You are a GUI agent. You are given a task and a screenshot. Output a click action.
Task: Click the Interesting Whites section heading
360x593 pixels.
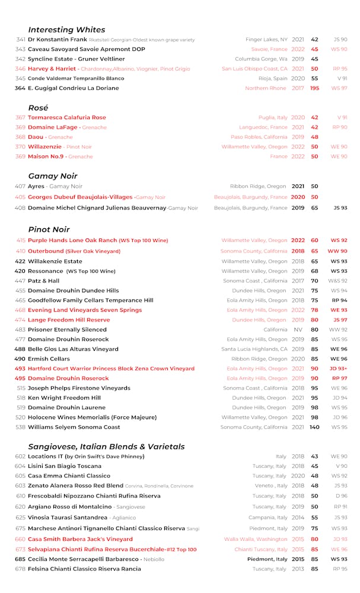pos(66,30)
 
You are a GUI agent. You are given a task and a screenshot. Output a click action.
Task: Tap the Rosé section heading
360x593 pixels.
pos(38,108)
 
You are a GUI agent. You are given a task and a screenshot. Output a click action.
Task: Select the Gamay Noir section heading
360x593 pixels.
pos(53,176)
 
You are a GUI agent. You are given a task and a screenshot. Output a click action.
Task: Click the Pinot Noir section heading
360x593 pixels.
pos(49,229)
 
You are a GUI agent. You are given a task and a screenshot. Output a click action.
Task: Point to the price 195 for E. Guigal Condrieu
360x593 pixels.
pos(314,88)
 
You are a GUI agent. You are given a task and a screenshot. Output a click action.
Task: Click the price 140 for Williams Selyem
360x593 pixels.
pos(314,427)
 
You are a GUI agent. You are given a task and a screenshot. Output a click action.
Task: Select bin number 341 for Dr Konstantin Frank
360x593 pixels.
pos(20,40)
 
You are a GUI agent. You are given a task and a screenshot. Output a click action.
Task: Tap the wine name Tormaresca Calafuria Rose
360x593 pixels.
pos(67,117)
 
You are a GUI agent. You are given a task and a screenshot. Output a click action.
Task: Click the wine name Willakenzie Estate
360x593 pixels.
pos(55,262)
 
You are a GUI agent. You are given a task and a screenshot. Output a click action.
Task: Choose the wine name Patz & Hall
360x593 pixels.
pos(44,281)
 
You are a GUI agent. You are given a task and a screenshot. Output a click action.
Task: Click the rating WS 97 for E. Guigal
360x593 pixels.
pos(339,88)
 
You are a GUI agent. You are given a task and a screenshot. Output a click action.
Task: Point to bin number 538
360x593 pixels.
pos(21,427)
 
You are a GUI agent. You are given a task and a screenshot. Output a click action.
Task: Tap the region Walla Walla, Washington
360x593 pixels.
pos(256,540)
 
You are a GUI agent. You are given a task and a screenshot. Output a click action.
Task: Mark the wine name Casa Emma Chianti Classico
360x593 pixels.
pos(69,476)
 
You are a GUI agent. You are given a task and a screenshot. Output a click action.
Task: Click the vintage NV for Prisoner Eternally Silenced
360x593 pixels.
pos(298,330)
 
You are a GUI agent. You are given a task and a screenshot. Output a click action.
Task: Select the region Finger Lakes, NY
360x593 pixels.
pos(267,40)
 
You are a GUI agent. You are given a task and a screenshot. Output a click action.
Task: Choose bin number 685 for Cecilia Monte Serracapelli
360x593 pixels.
pos(20,559)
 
